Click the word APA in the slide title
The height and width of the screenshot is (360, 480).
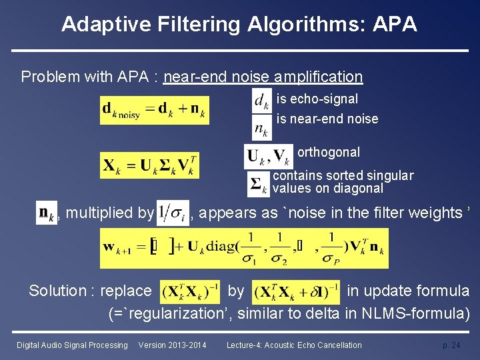395,25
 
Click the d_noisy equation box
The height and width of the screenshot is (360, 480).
155,110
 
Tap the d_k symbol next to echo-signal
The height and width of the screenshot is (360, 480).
261,101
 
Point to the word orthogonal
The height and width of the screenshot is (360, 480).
329,152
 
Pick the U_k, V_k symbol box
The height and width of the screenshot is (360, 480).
268,157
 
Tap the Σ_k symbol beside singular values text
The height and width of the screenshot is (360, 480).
258,184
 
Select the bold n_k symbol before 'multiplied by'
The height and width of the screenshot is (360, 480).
46,213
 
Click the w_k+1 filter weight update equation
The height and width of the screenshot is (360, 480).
244,248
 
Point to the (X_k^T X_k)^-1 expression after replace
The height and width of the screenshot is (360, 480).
191,291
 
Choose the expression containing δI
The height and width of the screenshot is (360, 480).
296,291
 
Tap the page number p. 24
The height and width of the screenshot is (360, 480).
451,345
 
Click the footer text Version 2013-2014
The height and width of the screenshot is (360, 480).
172,345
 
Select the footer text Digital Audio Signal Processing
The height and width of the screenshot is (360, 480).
72,345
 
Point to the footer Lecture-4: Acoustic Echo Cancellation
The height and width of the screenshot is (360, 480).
294,345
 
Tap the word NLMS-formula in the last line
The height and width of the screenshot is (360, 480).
417,313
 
